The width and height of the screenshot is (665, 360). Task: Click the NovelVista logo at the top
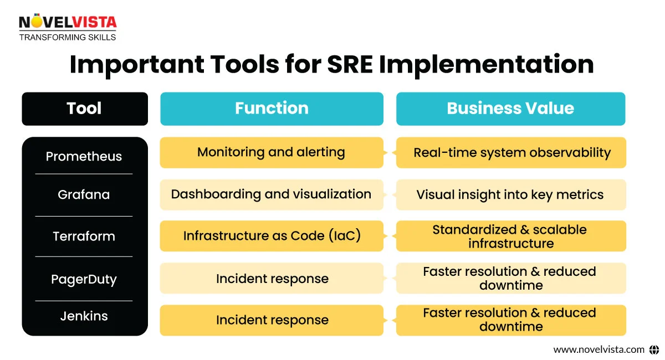click(x=68, y=27)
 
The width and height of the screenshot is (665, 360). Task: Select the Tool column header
click(x=84, y=109)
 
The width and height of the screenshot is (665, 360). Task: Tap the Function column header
click(x=272, y=109)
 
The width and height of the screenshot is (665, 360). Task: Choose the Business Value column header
click(x=510, y=109)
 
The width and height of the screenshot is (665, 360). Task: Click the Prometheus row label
click(x=84, y=156)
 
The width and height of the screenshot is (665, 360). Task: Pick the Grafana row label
click(x=84, y=195)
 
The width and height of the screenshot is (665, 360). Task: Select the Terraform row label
click(x=84, y=236)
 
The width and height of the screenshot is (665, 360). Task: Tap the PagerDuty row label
click(x=84, y=279)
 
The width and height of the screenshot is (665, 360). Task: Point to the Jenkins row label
click(x=84, y=316)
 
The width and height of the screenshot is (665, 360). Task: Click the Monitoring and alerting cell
click(x=272, y=152)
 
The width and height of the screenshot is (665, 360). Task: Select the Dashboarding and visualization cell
click(x=271, y=194)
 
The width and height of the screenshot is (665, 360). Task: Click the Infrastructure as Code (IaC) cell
click(x=272, y=236)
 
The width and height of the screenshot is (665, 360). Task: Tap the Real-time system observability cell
click(x=511, y=153)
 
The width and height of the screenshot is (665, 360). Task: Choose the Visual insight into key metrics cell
click(x=510, y=195)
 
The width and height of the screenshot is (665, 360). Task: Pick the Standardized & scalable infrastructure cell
click(x=510, y=236)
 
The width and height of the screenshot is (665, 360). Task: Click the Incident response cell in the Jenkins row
click(x=272, y=320)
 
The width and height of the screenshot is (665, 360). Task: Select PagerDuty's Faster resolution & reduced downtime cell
click(x=510, y=278)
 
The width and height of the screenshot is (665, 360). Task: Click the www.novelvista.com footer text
click(x=599, y=349)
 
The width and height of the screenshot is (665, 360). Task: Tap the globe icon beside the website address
click(x=654, y=349)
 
